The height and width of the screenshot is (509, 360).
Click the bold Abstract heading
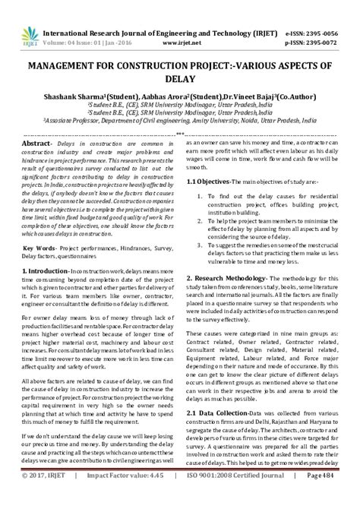[x=38, y=142]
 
